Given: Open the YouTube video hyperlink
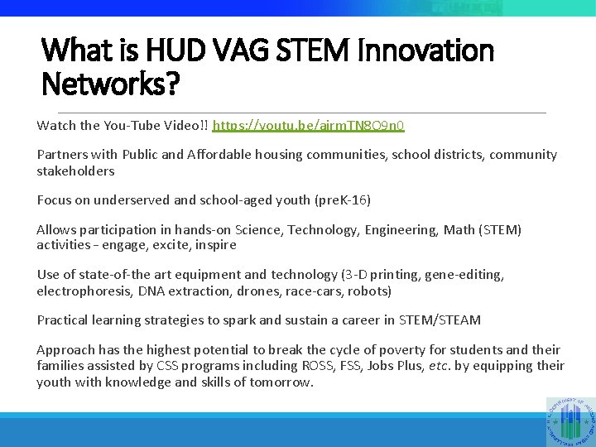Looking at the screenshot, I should [x=309, y=126].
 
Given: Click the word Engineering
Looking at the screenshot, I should [x=394, y=229].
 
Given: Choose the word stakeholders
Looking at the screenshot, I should [x=75, y=171].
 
